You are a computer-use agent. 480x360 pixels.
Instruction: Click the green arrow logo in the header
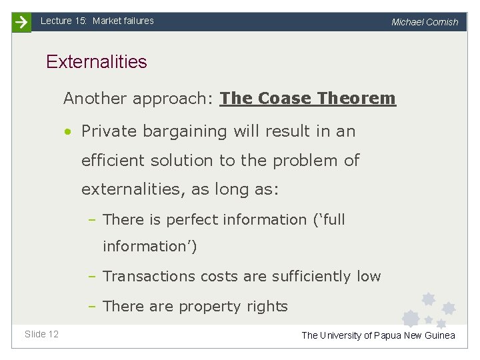coord(22,22)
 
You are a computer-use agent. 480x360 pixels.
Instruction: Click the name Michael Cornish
coord(425,22)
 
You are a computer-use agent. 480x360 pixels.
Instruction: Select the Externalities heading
coord(96,62)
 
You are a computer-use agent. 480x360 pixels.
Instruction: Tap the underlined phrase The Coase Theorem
coord(307,99)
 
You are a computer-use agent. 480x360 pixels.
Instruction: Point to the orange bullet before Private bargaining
coord(69,131)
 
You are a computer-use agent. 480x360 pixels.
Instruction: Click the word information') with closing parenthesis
coord(150,247)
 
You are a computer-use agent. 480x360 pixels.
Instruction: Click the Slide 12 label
coord(41,334)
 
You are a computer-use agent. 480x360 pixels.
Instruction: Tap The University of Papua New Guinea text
coord(378,335)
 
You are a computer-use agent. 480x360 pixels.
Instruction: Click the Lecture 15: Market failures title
coord(97,21)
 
